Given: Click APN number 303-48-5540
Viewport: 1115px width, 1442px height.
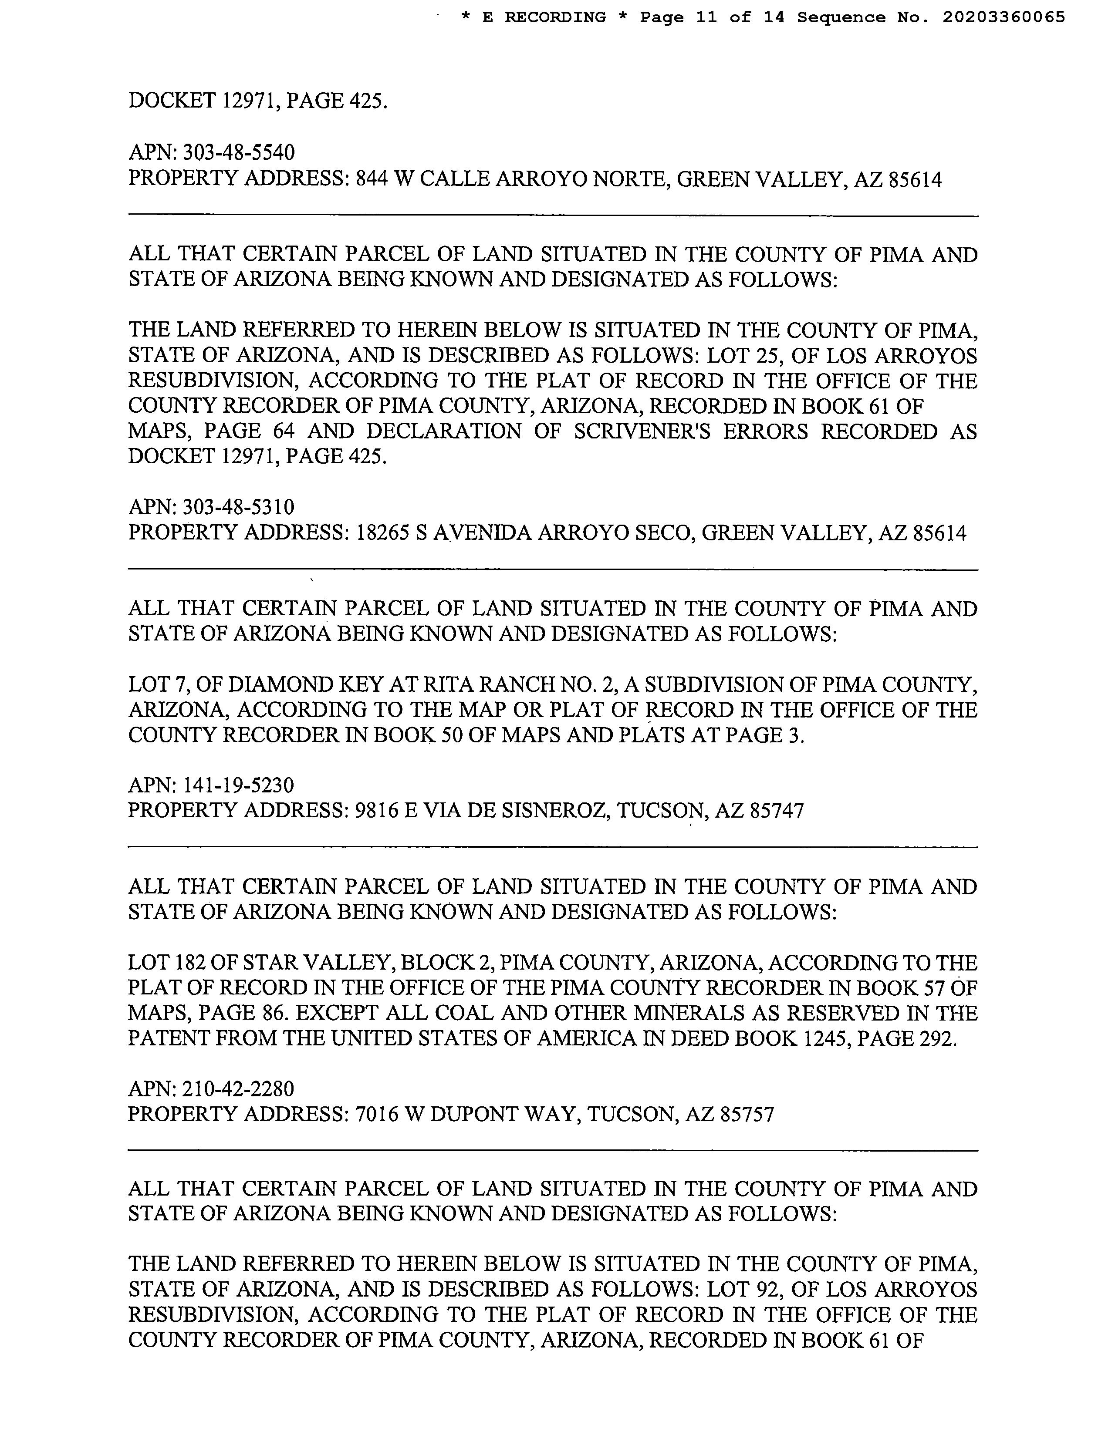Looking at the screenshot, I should point(238,152).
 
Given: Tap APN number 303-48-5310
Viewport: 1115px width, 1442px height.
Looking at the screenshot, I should point(238,507).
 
